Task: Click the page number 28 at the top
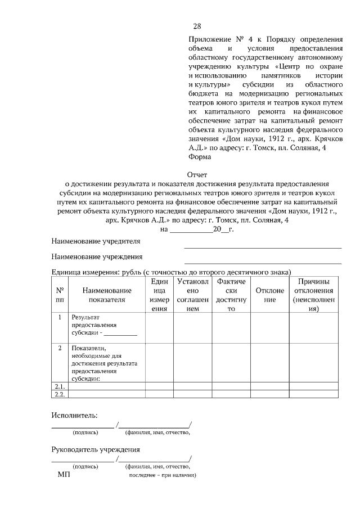pyautogui.click(x=197, y=26)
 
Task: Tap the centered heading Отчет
pyautogui.click(x=197, y=174)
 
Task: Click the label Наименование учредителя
pyautogui.click(x=96, y=241)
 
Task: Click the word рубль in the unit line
pyautogui.click(x=130, y=272)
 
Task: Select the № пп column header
pyautogui.click(x=60, y=295)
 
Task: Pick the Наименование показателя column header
pyautogui.click(x=106, y=295)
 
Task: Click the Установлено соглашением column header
pyautogui.click(x=192, y=295)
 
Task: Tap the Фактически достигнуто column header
pyautogui.click(x=231, y=295)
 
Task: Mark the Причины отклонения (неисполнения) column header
pyautogui.click(x=313, y=295)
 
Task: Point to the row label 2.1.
pyautogui.click(x=60, y=387)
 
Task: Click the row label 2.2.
pyautogui.click(x=60, y=394)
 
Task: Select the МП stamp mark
pyautogui.click(x=64, y=475)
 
